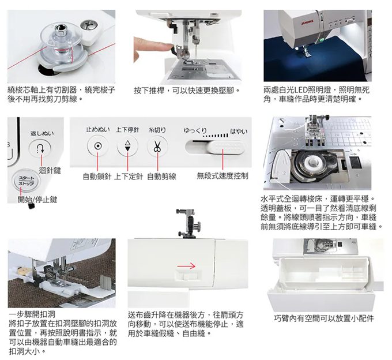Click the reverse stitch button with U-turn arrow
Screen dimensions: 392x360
[40, 149]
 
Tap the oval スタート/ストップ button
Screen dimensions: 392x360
[27, 181]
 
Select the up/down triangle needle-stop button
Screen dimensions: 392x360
[127, 147]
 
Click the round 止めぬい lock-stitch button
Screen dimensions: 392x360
[97, 146]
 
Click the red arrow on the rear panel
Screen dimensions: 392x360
[186, 266]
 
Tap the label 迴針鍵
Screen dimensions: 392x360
[50, 171]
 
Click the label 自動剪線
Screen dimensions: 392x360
[161, 177]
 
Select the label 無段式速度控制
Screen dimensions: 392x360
[223, 176]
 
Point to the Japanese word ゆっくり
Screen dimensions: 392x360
[195, 130]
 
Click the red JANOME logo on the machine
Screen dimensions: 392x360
[307, 22]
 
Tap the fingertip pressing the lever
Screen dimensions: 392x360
[167, 46]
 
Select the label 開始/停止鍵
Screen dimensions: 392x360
[37, 200]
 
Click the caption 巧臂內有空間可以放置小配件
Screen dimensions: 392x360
[324, 318]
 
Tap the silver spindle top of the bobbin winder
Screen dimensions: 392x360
[60, 27]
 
